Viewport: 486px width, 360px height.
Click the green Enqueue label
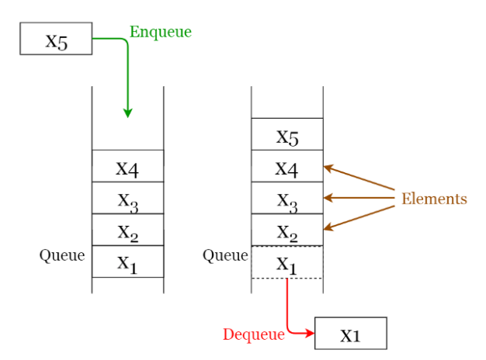pos(161,33)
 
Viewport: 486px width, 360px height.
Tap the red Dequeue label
pos(254,335)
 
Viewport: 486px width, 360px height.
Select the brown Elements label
pos(434,199)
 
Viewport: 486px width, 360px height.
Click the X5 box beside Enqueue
pos(56,39)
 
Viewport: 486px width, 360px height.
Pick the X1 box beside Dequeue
pos(351,334)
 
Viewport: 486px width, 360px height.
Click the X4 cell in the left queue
pos(128,166)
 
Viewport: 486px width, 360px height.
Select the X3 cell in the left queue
pos(128,198)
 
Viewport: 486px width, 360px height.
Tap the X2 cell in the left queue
pos(128,230)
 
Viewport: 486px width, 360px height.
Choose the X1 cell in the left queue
pos(128,261)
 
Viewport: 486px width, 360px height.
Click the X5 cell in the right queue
pos(287,134)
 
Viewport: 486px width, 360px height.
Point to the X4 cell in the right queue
pos(287,166)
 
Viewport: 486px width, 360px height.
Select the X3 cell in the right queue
pos(287,198)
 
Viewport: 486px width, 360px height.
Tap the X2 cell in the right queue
pos(287,230)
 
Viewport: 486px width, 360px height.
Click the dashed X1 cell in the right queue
pos(287,262)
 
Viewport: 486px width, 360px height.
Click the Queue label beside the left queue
pos(62,256)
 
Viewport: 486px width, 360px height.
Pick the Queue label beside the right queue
pos(225,256)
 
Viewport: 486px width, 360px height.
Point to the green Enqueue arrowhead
pos(127,113)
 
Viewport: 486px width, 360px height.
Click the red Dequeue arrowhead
pos(310,334)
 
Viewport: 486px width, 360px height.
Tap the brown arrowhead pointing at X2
pos(328,227)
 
